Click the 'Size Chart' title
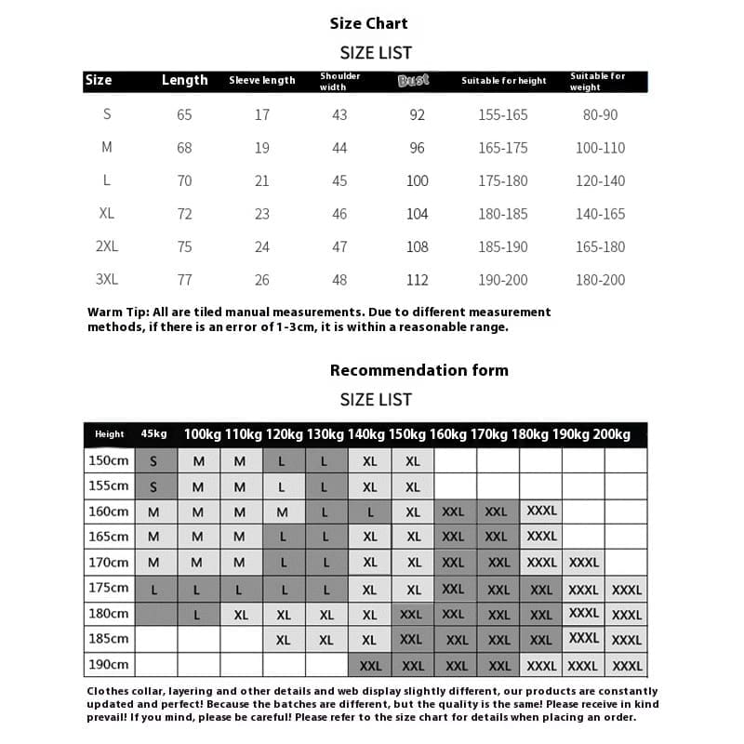point(368,23)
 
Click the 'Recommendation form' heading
point(418,370)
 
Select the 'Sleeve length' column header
point(262,81)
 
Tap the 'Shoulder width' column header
point(339,82)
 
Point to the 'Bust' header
point(414,80)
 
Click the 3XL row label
point(107,279)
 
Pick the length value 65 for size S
point(184,114)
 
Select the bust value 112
point(418,280)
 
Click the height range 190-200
point(503,280)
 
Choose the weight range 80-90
point(600,114)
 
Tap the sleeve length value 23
point(262,214)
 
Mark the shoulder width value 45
point(339,180)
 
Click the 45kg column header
point(154,434)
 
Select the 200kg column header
point(612,434)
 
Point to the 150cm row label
point(109,460)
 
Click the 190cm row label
point(109,665)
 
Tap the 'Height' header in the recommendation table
point(109,434)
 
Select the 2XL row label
point(107,246)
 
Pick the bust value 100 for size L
point(418,180)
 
